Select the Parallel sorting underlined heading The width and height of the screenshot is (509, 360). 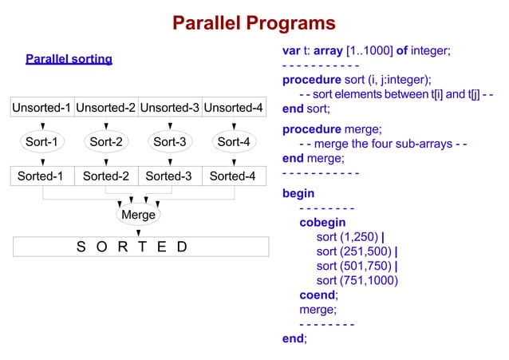click(x=69, y=59)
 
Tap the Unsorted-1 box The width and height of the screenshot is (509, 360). click(x=41, y=108)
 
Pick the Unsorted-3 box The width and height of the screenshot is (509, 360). click(x=169, y=108)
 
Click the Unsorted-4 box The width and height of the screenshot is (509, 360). click(x=233, y=108)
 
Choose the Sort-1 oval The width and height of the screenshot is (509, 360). click(x=41, y=143)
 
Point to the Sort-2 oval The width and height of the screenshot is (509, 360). click(x=105, y=143)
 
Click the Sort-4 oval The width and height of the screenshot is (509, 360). click(x=233, y=143)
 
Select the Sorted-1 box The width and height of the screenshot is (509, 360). click(x=41, y=176)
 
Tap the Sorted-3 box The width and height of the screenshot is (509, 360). click(x=169, y=176)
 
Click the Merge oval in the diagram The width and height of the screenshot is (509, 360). click(x=138, y=215)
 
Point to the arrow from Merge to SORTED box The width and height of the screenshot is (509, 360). click(x=138, y=231)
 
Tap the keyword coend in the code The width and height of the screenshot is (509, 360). click(x=318, y=295)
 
